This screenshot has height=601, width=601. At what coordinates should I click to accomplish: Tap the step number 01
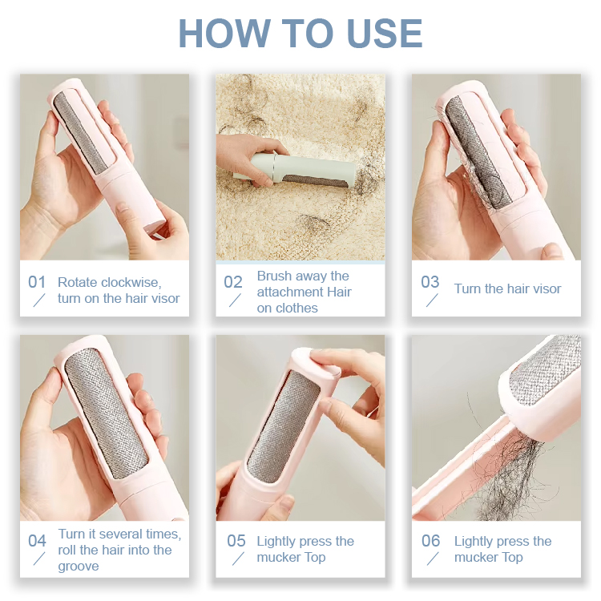37,282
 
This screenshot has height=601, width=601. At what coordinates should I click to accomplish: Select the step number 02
233,282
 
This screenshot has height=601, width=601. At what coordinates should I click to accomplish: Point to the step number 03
430,282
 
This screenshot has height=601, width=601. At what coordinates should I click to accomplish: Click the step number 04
37,541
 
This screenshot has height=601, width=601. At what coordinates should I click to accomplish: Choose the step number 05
236,541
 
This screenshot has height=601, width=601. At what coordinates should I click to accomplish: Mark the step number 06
431,541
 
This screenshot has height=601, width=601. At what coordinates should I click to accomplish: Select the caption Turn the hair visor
507,289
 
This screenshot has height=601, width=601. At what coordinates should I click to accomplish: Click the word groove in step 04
79,566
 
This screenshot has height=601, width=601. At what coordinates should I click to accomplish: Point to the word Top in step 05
313,558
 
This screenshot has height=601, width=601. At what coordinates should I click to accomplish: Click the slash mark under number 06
432,559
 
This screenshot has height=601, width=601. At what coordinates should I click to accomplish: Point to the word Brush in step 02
274,276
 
